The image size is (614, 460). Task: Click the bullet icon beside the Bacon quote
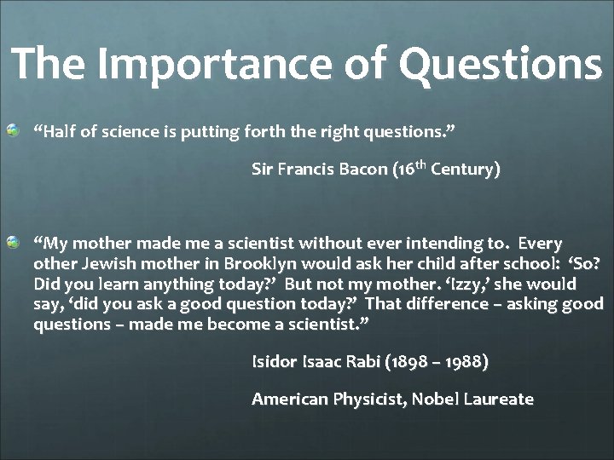click(13, 129)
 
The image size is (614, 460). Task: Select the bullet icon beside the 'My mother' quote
click(13, 244)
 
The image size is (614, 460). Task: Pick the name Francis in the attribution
click(310, 170)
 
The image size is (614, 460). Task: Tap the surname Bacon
click(365, 170)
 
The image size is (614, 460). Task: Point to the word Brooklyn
click(252, 264)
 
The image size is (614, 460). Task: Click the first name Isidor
click(274, 362)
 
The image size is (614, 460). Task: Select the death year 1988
click(466, 362)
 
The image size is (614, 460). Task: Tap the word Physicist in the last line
click(362, 399)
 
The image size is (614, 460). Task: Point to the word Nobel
click(435, 399)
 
